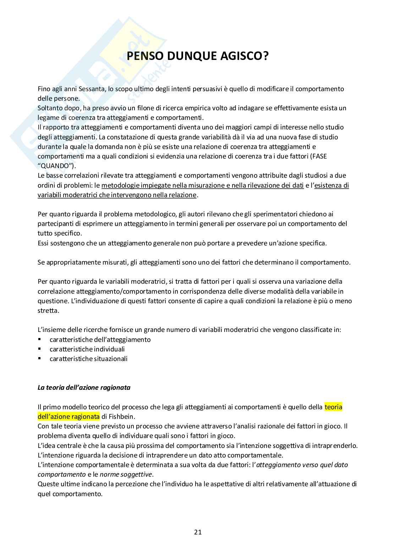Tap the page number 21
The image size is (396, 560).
pyautogui.click(x=198, y=532)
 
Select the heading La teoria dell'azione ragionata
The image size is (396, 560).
pyautogui.click(x=84, y=387)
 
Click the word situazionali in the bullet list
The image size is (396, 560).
pyautogui.click(x=111, y=359)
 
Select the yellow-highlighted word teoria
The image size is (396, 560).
pyautogui.click(x=333, y=407)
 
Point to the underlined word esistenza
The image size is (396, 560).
pyautogui.click(x=331, y=185)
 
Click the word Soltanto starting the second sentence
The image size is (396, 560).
pyautogui.click(x=50, y=108)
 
